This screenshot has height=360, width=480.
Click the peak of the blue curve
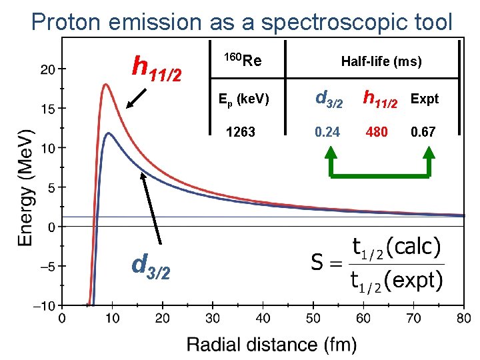point(108,133)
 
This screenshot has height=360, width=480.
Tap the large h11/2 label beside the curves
point(157,67)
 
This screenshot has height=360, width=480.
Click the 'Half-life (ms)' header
point(381,62)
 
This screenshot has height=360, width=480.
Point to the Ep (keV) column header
point(244,99)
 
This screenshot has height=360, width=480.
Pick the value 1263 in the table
point(241,132)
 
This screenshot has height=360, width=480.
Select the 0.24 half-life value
point(328,132)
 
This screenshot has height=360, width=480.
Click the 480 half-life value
point(377,132)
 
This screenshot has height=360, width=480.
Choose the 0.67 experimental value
point(423,132)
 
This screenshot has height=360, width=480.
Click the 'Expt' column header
point(425,99)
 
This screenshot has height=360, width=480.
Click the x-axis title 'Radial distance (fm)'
point(271,345)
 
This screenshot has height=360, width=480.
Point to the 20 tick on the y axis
point(46,69)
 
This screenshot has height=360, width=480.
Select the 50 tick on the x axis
point(313,318)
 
